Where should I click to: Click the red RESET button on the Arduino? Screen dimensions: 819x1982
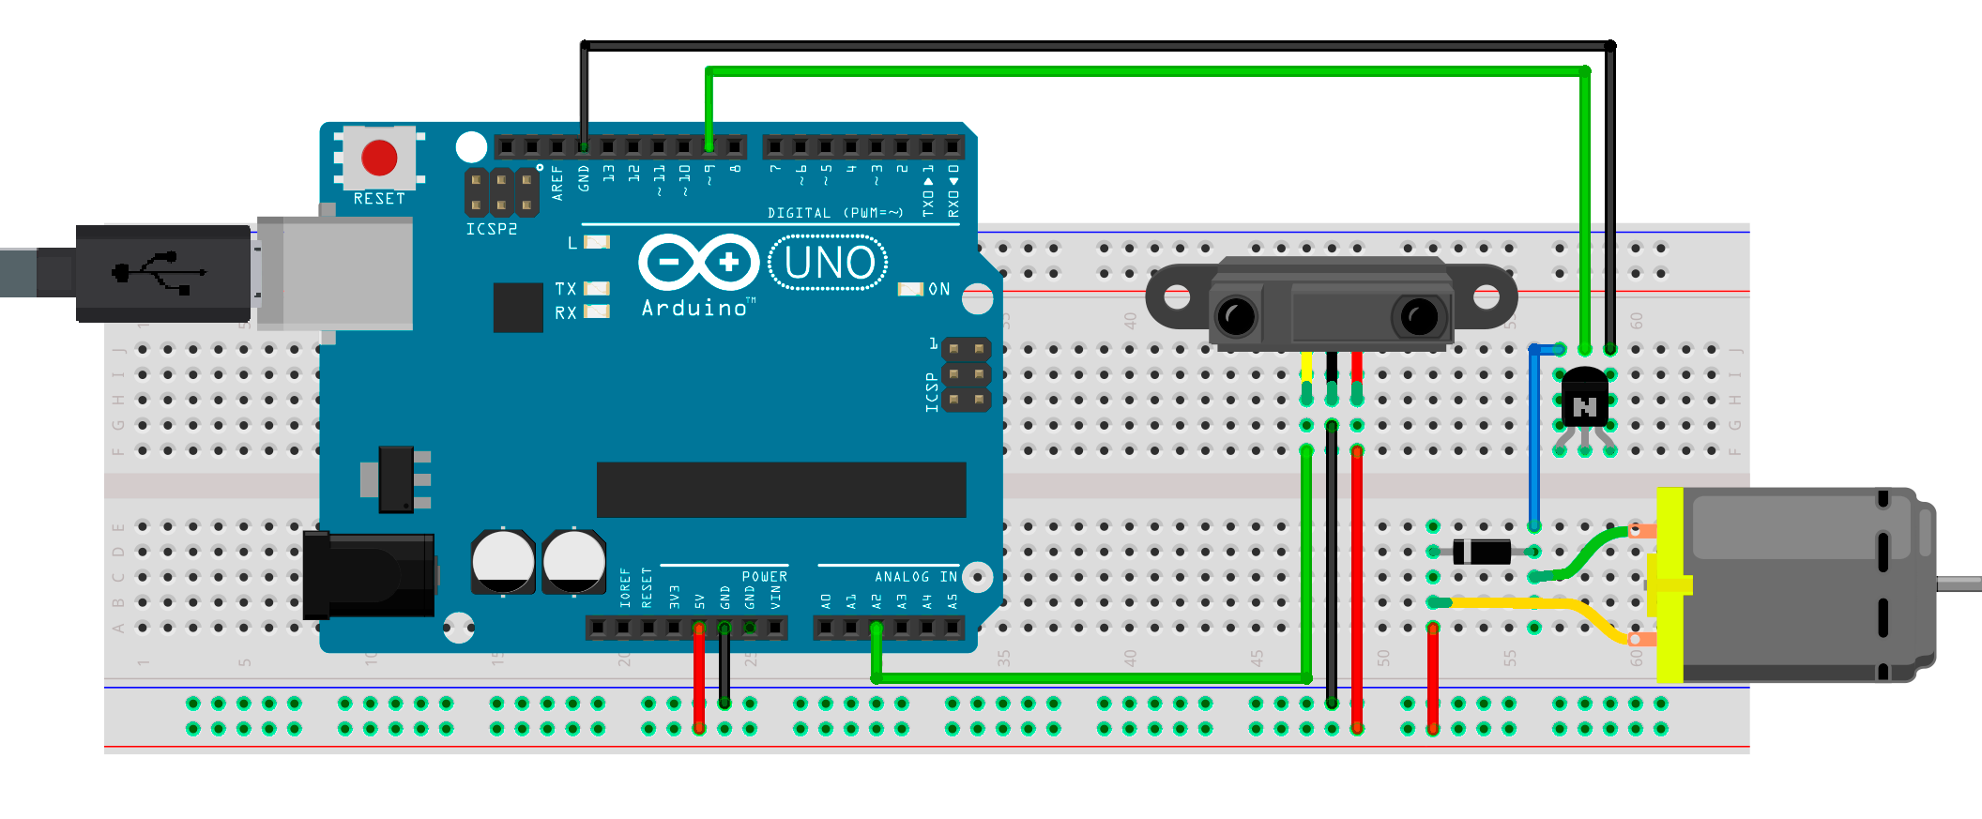(379, 158)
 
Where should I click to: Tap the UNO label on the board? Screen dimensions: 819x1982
(829, 263)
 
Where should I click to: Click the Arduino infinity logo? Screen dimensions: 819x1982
(698, 263)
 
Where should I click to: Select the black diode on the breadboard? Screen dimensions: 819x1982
(1482, 552)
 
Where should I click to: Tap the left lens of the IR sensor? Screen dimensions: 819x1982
(1236, 316)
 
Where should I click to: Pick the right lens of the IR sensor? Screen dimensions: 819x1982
(1418, 316)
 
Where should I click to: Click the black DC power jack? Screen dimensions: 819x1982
(369, 575)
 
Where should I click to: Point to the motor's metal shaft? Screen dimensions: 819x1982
(1959, 584)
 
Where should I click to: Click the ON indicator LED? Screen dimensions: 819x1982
(910, 289)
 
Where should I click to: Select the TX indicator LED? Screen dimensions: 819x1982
(597, 289)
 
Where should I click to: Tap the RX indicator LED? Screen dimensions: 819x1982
(597, 311)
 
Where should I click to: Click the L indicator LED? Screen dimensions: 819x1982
(597, 242)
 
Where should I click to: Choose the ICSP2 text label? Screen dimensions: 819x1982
(491, 229)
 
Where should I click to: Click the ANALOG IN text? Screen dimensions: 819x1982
(916, 577)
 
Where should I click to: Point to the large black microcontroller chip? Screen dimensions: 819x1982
(781, 489)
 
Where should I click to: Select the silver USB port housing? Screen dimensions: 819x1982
(335, 273)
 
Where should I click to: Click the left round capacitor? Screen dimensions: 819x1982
(503, 562)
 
